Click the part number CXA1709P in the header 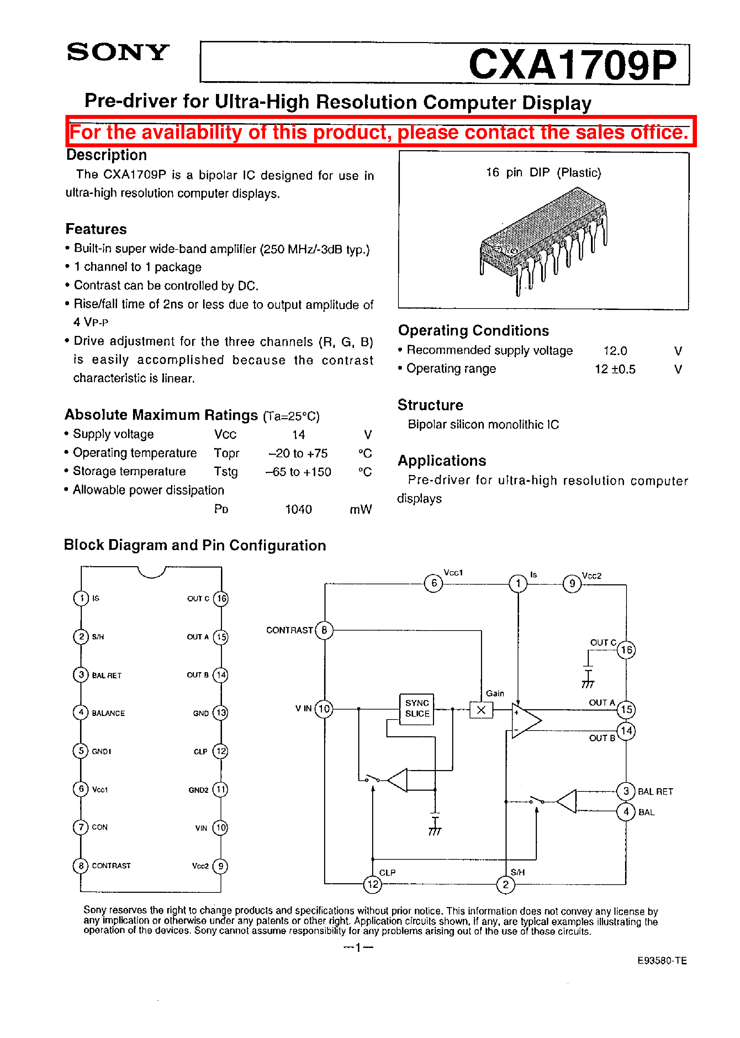[572, 65]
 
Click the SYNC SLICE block [417, 708]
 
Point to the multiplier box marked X [481, 710]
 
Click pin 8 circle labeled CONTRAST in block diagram [324, 630]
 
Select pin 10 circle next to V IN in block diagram [324, 708]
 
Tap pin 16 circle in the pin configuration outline [221, 598]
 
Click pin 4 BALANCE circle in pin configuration [81, 712]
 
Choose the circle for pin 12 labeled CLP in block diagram [373, 884]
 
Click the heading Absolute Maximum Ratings [161, 415]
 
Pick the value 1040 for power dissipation [298, 509]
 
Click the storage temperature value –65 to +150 [298, 471]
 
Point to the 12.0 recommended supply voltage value [615, 351]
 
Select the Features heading [96, 229]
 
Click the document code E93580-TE [662, 960]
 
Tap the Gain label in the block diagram [495, 693]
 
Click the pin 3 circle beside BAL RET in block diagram [626, 791]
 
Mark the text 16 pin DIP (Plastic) [544, 173]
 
